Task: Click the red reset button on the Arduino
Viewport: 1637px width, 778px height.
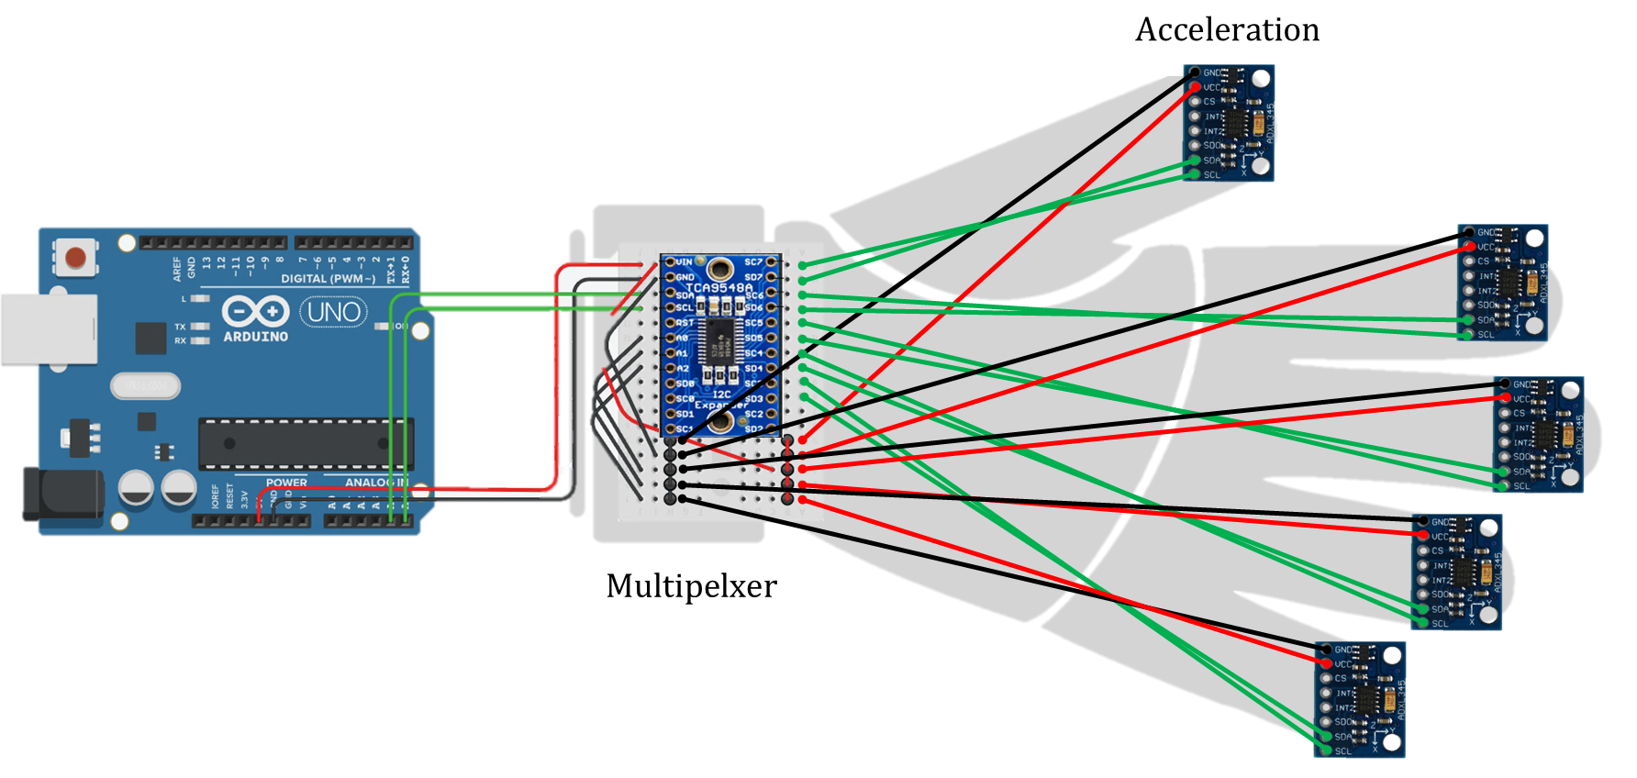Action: tap(76, 257)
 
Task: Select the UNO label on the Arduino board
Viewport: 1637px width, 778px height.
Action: tap(333, 313)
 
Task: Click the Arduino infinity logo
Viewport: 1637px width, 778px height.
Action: tap(256, 312)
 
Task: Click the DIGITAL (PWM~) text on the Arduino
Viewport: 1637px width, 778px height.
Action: tap(328, 278)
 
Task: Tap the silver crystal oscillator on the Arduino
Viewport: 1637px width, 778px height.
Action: tap(145, 385)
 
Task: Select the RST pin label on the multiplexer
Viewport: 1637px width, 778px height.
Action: tap(685, 323)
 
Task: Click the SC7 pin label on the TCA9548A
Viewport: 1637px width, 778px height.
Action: tap(753, 262)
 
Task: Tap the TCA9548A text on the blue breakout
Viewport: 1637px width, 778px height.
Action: tap(718, 288)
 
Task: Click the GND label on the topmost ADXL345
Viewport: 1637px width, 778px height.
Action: tap(1212, 72)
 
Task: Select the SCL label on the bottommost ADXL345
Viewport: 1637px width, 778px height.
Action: tap(1343, 751)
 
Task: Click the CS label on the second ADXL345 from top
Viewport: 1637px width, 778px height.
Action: tap(1483, 261)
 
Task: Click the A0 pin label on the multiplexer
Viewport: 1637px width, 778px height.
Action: tap(683, 339)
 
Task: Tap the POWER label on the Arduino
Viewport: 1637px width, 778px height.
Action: tap(286, 483)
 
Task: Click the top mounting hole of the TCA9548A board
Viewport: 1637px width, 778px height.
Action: tap(721, 269)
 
